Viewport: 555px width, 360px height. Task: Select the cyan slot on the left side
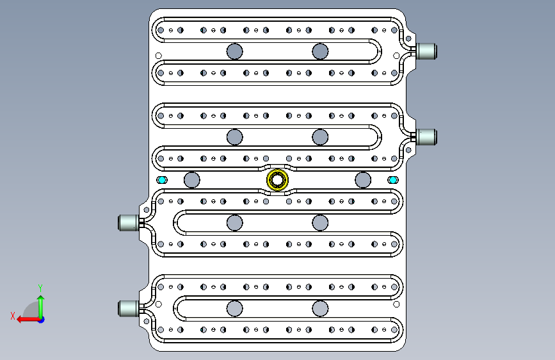162,180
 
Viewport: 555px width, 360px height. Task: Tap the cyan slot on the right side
392,180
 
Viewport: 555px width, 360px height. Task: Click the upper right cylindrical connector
426,51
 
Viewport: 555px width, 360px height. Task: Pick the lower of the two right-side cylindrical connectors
426,137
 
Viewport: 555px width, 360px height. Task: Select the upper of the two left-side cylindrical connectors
128,222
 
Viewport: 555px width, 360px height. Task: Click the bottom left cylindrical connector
128,308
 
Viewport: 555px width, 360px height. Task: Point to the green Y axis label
40,288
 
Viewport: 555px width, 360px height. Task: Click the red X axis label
13,316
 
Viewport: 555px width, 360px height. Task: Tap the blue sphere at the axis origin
42,320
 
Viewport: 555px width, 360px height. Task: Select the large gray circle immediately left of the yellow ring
192,180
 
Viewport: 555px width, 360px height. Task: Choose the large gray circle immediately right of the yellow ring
363,180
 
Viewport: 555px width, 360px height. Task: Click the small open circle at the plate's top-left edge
159,56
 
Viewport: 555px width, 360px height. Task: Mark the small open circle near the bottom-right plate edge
396,304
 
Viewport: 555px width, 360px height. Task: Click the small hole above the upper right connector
408,38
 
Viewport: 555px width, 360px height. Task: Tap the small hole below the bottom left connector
146,321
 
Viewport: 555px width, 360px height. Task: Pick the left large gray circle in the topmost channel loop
235,51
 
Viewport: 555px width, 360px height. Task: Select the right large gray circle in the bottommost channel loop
320,308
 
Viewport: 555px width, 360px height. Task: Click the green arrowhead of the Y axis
41,299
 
